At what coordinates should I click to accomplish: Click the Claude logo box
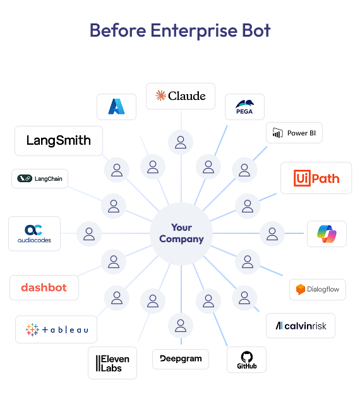(x=181, y=96)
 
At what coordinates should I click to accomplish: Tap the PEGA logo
(x=244, y=107)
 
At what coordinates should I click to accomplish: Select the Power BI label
(x=294, y=133)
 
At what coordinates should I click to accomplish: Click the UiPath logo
(x=316, y=178)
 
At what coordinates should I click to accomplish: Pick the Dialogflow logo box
(x=318, y=290)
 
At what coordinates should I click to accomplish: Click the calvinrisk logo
(x=301, y=326)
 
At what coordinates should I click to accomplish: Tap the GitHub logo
(x=246, y=359)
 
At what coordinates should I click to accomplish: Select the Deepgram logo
(x=181, y=359)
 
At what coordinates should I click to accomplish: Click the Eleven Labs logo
(x=112, y=363)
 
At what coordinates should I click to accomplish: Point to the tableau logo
(x=56, y=329)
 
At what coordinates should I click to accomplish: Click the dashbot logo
(x=44, y=288)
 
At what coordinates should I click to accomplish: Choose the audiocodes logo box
(x=34, y=233)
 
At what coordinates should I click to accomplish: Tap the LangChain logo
(x=40, y=179)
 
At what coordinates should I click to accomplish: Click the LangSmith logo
(x=59, y=140)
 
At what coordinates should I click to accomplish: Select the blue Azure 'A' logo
(x=116, y=107)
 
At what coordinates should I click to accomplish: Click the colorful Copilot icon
(x=327, y=234)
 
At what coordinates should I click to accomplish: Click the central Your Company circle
(x=181, y=234)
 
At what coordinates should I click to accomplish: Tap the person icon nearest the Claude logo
(x=181, y=142)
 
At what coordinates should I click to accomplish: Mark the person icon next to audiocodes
(x=89, y=234)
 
